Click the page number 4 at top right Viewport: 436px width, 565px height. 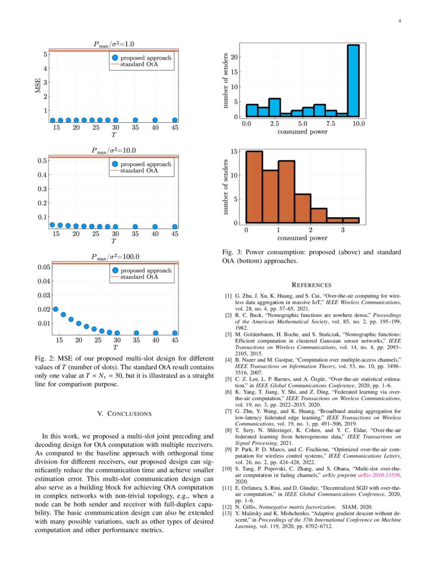click(399, 21)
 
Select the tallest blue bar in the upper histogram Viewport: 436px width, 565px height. click(353, 81)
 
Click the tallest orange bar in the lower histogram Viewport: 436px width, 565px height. click(254, 187)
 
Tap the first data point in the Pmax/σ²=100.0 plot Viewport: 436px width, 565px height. click(55, 309)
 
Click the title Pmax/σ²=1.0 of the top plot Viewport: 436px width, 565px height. click(113, 44)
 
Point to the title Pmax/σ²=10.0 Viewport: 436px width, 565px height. click(113, 150)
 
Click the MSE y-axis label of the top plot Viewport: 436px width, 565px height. click(37, 85)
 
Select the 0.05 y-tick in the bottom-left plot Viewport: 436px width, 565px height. click(43, 267)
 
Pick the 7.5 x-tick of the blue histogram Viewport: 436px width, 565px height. click(331, 124)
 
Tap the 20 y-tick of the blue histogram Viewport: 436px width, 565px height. click(233, 57)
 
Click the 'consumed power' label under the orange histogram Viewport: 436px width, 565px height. click(303, 238)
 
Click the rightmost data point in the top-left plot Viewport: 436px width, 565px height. click(175, 120)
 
